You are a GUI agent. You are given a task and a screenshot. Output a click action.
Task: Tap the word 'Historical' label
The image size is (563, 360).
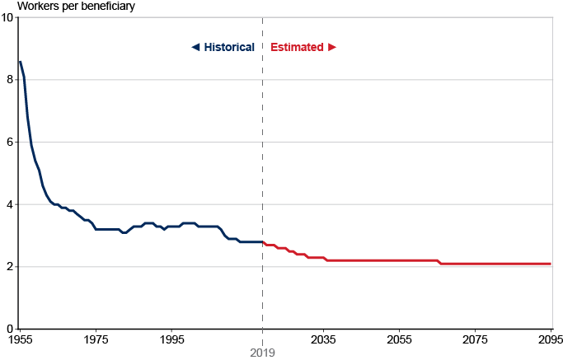pos(229,47)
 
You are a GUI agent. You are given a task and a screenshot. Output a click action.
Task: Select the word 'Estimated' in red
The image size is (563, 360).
pos(297,47)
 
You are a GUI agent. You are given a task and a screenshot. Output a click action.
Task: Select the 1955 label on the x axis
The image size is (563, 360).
pos(20,339)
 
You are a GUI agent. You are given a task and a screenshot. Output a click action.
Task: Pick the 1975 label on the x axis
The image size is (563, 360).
pos(96,339)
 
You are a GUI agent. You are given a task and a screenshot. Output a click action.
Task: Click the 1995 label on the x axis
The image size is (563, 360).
pos(171,339)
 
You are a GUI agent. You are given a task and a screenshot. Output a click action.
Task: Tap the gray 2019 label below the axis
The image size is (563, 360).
pos(263,352)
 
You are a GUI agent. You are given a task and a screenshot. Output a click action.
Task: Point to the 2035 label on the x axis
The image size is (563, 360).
pos(323,339)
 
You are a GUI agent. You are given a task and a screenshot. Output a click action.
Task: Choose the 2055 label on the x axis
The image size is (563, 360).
pos(399,339)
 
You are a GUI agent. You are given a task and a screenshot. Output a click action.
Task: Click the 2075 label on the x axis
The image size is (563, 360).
pos(475,339)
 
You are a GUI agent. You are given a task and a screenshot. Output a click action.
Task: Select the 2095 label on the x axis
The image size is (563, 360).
pos(550,339)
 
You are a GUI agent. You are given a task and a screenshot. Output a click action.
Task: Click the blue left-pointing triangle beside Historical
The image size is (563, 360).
pos(195,47)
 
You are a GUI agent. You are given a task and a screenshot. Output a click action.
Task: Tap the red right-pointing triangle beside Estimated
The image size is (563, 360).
pos(332,47)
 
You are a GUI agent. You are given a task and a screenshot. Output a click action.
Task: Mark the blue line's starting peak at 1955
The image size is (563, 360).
pos(20,62)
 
